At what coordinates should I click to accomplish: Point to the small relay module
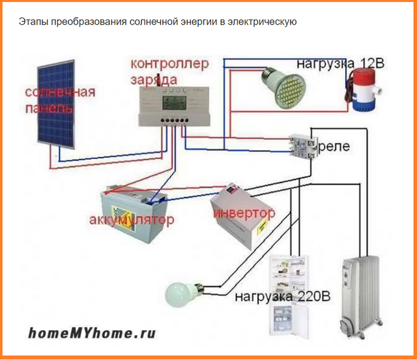302,144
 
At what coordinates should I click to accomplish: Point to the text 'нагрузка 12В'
341,64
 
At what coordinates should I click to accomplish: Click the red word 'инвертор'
242,214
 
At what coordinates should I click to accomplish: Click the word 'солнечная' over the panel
61,91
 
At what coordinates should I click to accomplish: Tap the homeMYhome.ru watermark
92,333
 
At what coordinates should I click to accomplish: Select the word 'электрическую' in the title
263,22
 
